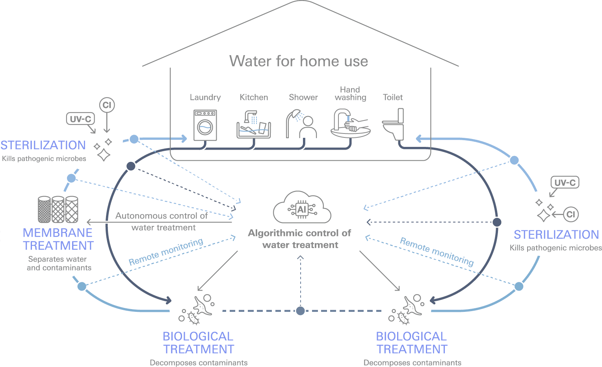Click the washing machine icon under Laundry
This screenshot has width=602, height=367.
pyautogui.click(x=205, y=125)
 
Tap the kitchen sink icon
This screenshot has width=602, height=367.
pyautogui.click(x=254, y=125)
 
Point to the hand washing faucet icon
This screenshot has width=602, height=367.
pyautogui.click(x=350, y=124)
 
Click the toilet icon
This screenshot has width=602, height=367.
pyautogui.click(x=394, y=125)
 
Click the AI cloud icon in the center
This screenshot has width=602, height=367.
pyautogui.click(x=302, y=208)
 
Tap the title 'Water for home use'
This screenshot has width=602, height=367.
pyautogui.click(x=299, y=61)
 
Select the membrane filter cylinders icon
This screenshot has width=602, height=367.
pyautogui.click(x=58, y=209)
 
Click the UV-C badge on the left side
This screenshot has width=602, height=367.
pyautogui.click(x=80, y=119)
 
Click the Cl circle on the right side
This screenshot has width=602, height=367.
pyautogui.click(x=570, y=214)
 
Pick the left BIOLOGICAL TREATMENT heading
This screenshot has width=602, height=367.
pyautogui.click(x=198, y=343)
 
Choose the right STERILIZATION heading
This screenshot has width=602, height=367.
pyautogui.click(x=556, y=235)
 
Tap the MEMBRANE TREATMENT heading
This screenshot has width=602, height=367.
pyautogui.click(x=58, y=239)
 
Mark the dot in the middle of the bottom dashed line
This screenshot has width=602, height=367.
pyautogui.click(x=301, y=311)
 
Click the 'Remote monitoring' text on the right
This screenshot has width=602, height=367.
pyautogui.click(x=437, y=251)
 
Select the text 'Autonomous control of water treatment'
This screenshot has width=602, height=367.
pyautogui.click(x=162, y=222)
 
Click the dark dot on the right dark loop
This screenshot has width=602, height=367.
pyautogui.click(x=497, y=222)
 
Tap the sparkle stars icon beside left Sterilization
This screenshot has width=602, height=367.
pyautogui.click(x=103, y=150)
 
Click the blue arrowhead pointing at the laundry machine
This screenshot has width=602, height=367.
pyautogui.click(x=184, y=139)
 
